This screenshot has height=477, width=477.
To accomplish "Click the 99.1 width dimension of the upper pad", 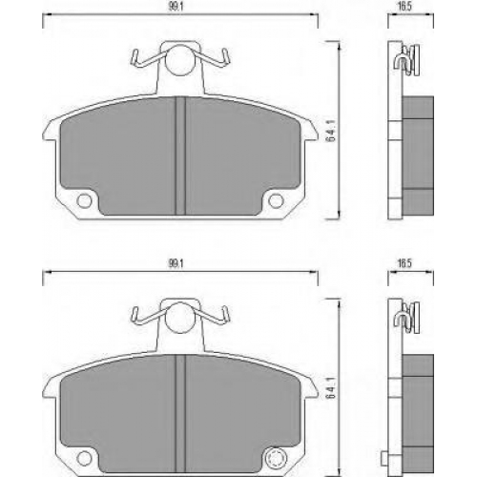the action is pyautogui.click(x=176, y=7).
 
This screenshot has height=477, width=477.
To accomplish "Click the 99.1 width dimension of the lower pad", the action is pyautogui.click(x=176, y=264).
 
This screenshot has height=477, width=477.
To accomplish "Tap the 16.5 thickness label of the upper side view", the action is pyautogui.click(x=404, y=7).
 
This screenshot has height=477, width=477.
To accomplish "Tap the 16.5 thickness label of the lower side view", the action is pyautogui.click(x=404, y=263).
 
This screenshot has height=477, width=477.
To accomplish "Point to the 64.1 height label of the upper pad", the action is pyautogui.click(x=332, y=131).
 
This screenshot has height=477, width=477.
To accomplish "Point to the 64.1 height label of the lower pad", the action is pyautogui.click(x=332, y=388).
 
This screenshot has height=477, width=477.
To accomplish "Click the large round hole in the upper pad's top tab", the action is pyautogui.click(x=179, y=61).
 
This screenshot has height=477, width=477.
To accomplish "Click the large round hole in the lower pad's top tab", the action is pyautogui.click(x=179, y=318).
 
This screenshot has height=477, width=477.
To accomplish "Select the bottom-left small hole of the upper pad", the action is pyautogui.click(x=84, y=201).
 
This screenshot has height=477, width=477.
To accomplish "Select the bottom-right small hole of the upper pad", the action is pyautogui.click(x=276, y=201).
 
